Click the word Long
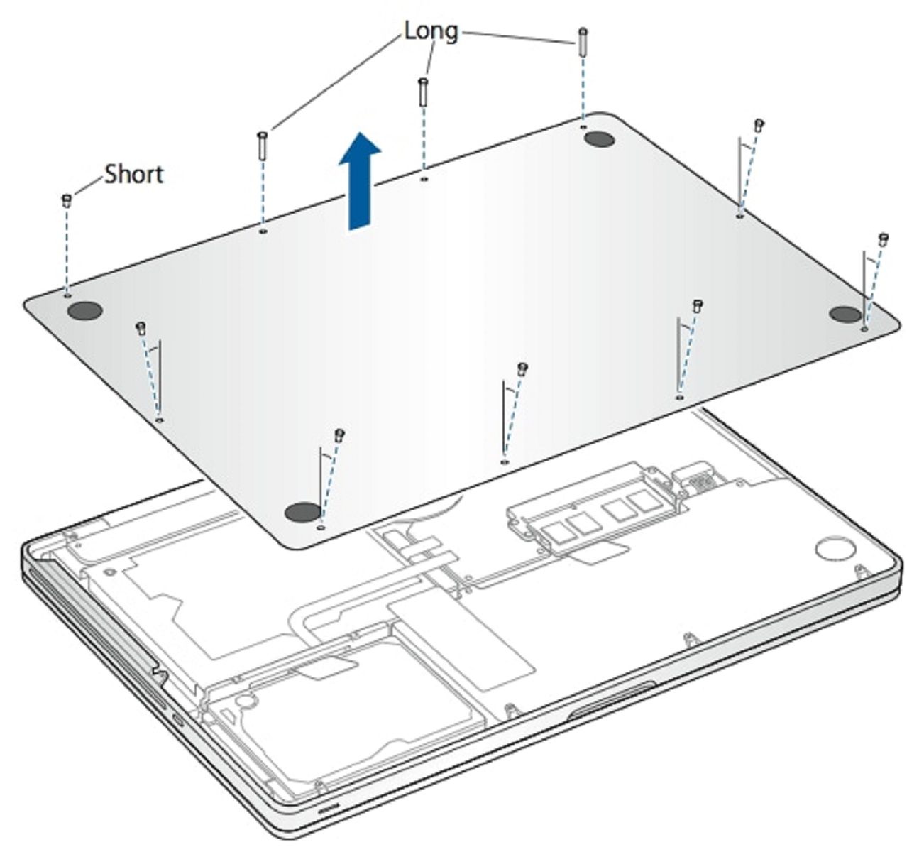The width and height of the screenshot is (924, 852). [431, 31]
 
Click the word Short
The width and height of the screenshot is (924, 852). [133, 174]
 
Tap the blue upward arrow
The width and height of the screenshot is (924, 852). [360, 181]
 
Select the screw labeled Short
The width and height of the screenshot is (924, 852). [66, 200]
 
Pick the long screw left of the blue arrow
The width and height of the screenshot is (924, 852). [262, 146]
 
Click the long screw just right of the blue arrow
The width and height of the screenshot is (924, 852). [422, 92]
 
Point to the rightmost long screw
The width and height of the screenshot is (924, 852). [583, 41]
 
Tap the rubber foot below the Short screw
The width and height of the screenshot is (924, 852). [84, 310]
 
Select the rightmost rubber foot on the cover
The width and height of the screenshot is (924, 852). [845, 315]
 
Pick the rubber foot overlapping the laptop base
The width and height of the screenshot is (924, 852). [302, 512]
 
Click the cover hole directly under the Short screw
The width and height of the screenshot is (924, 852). [67, 295]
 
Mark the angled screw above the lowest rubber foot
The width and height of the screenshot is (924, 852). [340, 435]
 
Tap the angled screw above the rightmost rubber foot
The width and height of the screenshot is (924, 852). [883, 240]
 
